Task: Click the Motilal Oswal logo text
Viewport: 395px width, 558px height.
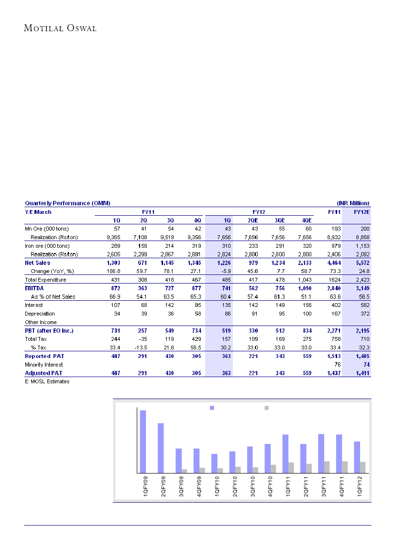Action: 60,28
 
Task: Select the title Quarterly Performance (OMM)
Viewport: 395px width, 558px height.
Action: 67,203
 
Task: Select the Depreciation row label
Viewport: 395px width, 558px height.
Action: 40,314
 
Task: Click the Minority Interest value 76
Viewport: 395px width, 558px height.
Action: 335,364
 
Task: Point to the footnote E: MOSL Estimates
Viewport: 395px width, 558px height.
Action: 47,382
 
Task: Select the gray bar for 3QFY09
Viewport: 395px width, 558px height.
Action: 185,471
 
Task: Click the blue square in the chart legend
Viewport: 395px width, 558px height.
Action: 212,408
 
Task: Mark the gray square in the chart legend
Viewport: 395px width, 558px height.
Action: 267,408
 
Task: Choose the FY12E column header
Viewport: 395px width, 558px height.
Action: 362,212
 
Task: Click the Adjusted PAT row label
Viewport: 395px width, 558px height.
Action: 42,373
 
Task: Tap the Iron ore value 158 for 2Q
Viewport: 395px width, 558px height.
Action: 143,246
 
